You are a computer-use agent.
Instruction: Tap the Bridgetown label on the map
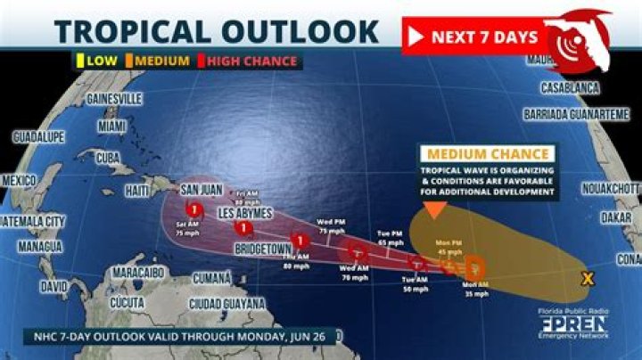coord(264,250)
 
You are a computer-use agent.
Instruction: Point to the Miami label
coord(111,127)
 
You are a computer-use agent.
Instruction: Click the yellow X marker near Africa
coord(586,279)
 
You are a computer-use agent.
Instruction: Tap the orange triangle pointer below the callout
coord(434,210)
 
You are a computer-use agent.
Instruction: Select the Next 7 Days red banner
coord(473,37)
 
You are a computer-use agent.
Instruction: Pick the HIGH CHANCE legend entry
coord(252,61)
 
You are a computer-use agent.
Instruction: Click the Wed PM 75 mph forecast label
coord(332,225)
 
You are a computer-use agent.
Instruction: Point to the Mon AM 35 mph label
coord(476,289)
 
